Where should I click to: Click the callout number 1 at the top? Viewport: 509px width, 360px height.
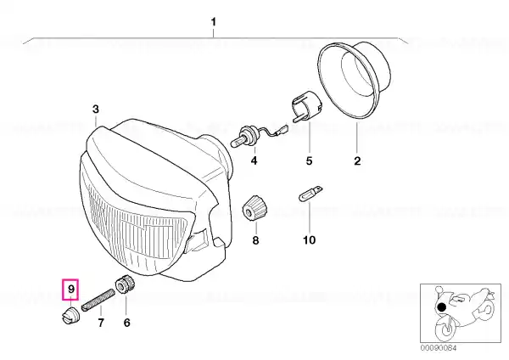tap(213, 22)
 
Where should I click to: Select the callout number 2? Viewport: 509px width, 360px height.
tap(357, 160)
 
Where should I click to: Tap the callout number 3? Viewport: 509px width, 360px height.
tap(95, 110)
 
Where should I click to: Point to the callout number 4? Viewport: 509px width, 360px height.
tap(254, 160)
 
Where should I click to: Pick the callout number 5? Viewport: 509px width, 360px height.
tap(309, 160)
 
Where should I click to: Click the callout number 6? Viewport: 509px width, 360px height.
tap(126, 323)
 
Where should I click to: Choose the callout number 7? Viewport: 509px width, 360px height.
tap(101, 323)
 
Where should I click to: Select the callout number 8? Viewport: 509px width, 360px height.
tap(255, 240)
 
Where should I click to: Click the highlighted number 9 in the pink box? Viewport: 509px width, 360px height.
tap(71, 289)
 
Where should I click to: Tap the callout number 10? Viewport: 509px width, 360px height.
tap(309, 240)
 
